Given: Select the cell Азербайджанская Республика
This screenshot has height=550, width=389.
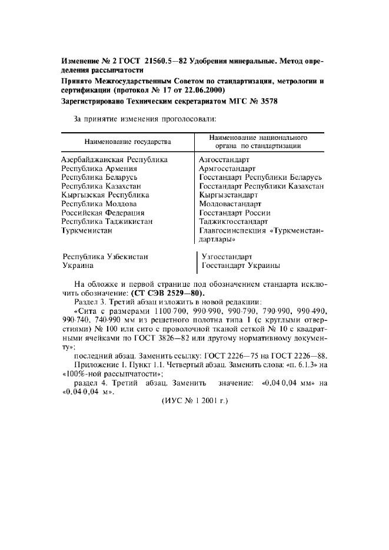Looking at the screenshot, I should coord(115,159).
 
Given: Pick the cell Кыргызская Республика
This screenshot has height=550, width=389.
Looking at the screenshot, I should coord(106,194).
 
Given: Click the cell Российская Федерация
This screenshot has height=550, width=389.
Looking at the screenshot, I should coord(104,213).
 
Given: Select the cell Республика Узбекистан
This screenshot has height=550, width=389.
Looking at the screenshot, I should coord(105,257).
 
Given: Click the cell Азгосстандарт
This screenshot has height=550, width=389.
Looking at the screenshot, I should coord(225,159).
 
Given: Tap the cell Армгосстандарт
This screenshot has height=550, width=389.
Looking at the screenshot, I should coord(227,168).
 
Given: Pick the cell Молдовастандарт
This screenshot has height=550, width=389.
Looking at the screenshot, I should coord(230,203).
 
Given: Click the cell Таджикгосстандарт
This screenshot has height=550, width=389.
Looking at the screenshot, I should coord(234,222).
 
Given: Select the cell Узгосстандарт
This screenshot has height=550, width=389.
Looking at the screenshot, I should coord(227,257).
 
